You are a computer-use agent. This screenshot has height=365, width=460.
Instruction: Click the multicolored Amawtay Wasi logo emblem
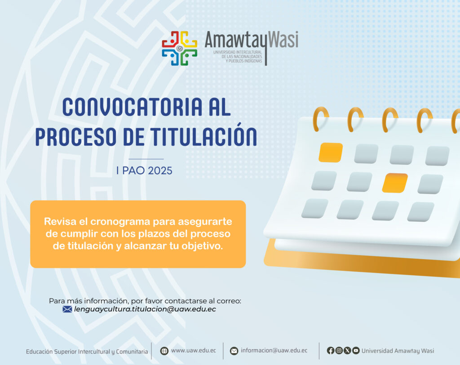[x=180, y=48]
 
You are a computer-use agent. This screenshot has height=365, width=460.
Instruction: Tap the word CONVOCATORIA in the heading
[x=133, y=107]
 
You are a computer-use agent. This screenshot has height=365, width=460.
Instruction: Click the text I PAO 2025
[x=144, y=171]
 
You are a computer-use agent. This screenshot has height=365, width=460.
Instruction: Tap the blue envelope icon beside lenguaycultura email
[x=67, y=309]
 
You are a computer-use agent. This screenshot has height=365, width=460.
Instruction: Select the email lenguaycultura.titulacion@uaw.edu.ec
[x=145, y=309]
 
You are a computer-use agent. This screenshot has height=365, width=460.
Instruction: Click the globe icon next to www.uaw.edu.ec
[x=164, y=351]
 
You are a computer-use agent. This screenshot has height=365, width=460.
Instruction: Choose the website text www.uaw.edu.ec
[x=193, y=350]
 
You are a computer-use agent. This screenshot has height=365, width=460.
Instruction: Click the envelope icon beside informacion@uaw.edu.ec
[x=234, y=351]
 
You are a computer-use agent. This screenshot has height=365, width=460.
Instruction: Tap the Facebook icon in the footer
[x=331, y=351]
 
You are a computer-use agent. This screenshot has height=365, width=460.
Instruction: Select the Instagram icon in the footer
[x=339, y=351]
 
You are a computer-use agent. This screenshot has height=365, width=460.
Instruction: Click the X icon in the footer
[x=347, y=351]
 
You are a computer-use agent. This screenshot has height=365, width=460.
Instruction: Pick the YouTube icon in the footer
[x=356, y=351]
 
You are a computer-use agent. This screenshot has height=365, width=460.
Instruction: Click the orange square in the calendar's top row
[x=331, y=153]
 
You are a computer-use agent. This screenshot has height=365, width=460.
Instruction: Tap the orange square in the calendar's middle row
[x=395, y=183]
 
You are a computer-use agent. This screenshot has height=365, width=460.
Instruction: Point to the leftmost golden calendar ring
[x=320, y=119]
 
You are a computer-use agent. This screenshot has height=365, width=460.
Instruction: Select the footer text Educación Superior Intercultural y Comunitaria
[x=87, y=352]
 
